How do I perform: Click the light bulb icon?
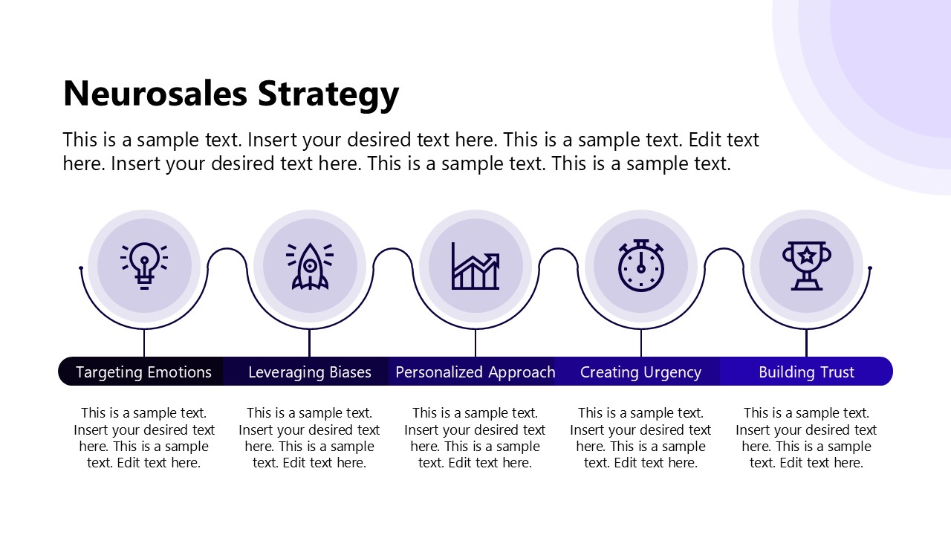(x=144, y=265)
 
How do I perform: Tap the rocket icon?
(x=310, y=265)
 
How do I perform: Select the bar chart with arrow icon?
(x=475, y=265)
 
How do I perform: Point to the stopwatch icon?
(x=641, y=265)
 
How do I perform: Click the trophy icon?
(x=807, y=265)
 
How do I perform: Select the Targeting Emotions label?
(x=143, y=372)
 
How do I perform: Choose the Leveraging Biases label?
(x=310, y=372)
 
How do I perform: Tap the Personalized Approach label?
(x=475, y=372)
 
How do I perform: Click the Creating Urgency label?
(x=640, y=372)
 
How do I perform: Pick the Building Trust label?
(x=806, y=372)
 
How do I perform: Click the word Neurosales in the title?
(x=155, y=94)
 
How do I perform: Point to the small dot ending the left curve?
(x=81, y=268)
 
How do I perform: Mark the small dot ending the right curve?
(x=870, y=268)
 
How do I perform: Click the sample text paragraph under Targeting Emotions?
(x=144, y=438)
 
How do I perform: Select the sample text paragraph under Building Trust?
(x=806, y=438)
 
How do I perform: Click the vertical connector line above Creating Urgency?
(x=641, y=343)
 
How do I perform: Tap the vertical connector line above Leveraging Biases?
(x=310, y=343)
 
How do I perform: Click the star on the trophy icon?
(x=807, y=256)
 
